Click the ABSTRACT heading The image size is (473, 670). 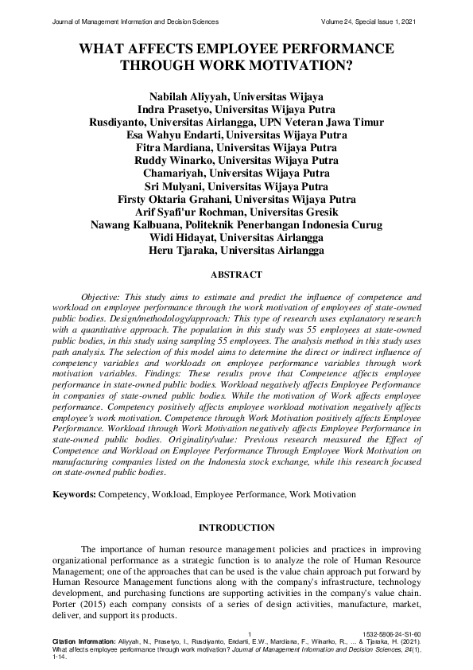[x=235, y=275]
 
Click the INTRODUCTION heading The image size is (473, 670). [x=236, y=528]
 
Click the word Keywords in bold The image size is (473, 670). [x=73, y=494]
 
